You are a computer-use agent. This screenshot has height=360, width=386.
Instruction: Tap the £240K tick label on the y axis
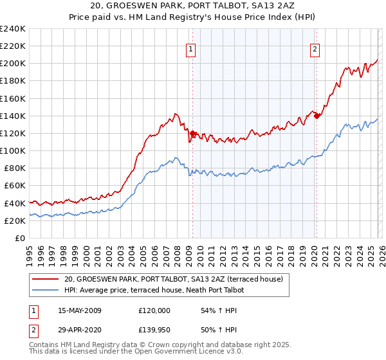click(13, 29)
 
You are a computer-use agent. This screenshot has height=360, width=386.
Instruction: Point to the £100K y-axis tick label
click(13, 150)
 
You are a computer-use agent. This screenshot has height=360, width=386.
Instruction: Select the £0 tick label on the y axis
click(20, 238)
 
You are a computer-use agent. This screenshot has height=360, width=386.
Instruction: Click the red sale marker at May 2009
click(192, 133)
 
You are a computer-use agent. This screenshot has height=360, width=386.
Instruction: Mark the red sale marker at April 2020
click(316, 116)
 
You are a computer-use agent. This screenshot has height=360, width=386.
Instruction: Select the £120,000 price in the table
click(154, 310)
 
